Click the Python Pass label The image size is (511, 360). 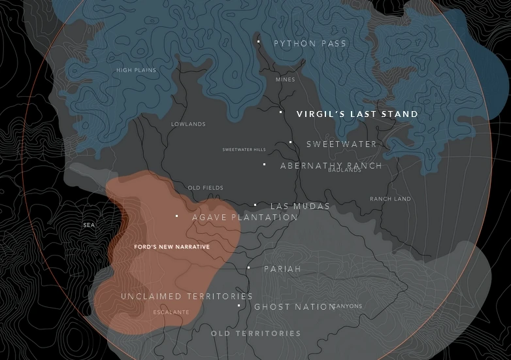(310, 44)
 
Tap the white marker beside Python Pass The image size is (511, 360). (259, 42)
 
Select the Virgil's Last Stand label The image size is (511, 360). (357, 114)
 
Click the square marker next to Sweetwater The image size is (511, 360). (291, 142)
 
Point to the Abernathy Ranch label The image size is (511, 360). (331, 166)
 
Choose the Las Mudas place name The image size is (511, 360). (300, 206)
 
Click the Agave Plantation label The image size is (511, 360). (244, 218)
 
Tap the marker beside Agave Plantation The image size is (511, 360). (177, 216)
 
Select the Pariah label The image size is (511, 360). (282, 269)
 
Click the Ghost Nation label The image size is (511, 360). (294, 307)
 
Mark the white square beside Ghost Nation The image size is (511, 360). (239, 306)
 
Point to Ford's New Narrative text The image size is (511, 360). (171, 247)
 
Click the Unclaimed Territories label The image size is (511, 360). (186, 297)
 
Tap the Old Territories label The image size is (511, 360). (255, 334)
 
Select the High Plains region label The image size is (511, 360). (136, 71)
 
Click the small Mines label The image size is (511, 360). (285, 80)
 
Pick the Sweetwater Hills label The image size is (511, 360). (244, 150)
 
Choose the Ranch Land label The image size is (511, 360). (390, 199)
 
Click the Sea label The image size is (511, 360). (89, 225)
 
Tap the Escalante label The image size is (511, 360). (171, 312)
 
